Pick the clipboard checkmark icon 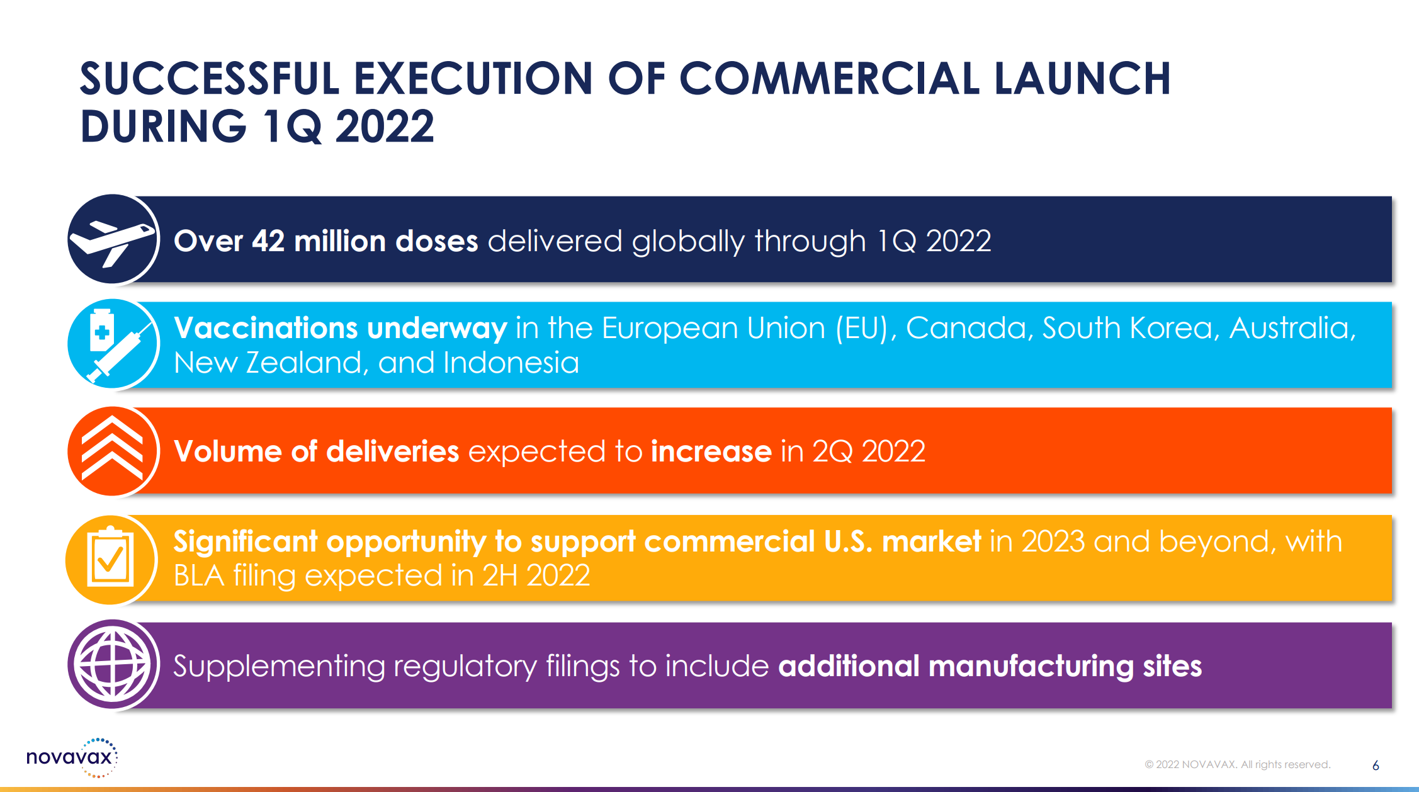coord(110,557)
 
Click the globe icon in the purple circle coord(113,665)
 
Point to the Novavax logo coord(72,757)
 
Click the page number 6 coord(1376,766)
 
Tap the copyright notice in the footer coord(1237,764)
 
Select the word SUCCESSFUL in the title coord(210,79)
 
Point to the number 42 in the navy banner coord(268,241)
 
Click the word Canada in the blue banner coord(970,328)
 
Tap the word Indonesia coord(511,363)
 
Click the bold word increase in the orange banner coord(711,451)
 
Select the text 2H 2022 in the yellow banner coord(536,575)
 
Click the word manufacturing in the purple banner coord(1031,666)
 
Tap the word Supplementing coord(279,667)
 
